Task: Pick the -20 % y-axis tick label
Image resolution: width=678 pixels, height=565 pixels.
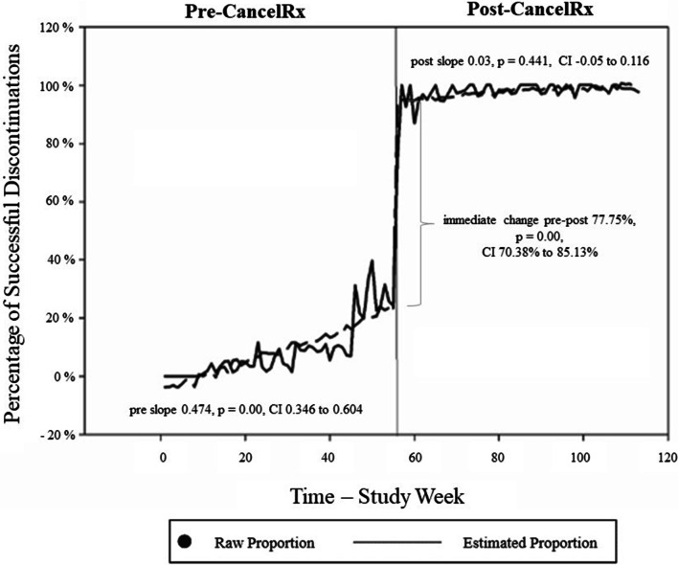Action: [54, 435]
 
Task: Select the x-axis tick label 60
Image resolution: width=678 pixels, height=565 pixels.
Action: [414, 457]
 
